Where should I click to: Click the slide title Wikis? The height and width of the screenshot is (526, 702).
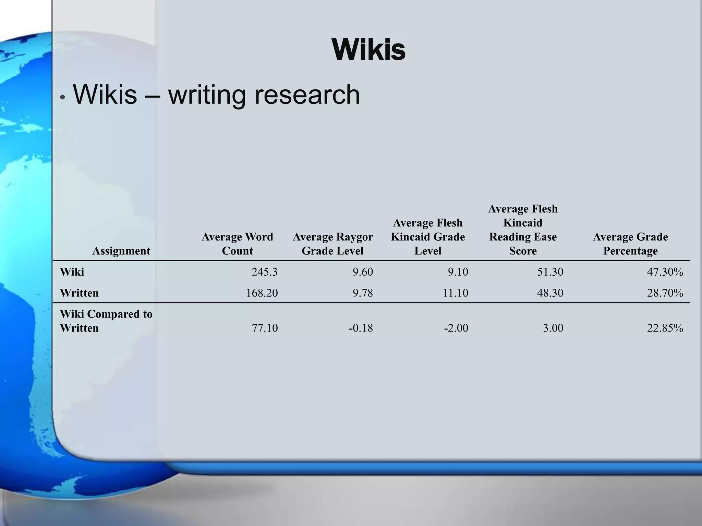point(368,50)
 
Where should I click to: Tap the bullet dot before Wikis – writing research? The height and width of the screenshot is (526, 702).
point(62,97)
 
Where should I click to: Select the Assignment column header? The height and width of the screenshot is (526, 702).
point(121,251)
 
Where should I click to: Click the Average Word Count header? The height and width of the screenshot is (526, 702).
point(237,244)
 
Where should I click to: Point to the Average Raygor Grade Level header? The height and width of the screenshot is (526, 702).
point(332,244)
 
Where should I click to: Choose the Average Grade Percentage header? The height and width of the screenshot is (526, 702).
point(630,244)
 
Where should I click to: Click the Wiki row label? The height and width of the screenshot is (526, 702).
point(72,272)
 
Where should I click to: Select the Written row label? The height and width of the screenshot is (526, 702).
point(79,293)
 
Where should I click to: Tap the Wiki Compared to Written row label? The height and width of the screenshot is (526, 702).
point(106,321)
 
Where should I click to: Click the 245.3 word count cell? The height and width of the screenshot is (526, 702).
point(264,272)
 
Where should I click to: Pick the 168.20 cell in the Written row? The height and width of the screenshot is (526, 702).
point(262,293)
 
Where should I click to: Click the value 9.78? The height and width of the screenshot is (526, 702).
point(363,293)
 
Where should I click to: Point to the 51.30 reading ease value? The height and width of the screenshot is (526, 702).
point(550,272)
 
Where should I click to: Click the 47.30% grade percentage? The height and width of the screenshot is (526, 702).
point(665,272)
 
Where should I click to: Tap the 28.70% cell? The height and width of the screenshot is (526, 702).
point(665,293)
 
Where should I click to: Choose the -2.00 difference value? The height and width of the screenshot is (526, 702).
point(456,328)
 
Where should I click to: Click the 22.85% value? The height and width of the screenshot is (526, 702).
point(665,328)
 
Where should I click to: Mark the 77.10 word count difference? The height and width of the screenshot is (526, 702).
point(265,328)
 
